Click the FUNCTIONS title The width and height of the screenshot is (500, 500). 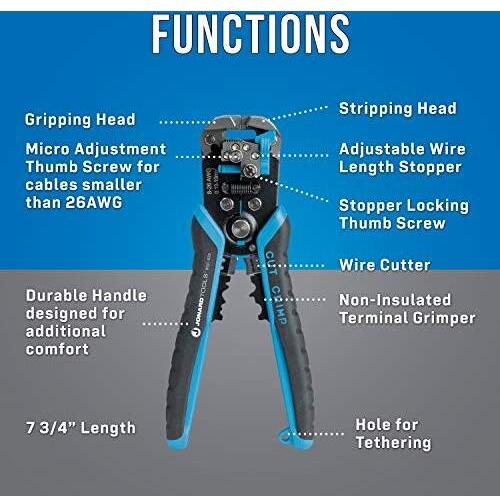[x=251, y=34]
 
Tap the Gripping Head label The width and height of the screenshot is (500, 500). [x=80, y=120]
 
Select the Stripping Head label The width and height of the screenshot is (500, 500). [x=398, y=109]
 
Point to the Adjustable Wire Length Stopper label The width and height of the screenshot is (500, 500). [x=402, y=158]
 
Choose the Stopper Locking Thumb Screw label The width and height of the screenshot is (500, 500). [x=404, y=214]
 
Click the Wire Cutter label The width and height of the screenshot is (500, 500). [x=385, y=265]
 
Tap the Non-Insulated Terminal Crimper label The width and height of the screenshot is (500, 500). [x=407, y=309]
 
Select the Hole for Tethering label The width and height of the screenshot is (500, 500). [x=393, y=434]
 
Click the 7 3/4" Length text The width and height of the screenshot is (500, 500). [x=81, y=428]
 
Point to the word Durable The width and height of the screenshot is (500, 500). [x=57, y=295]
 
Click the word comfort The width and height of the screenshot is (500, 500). [x=57, y=349]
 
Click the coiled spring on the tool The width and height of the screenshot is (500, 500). [x=242, y=189]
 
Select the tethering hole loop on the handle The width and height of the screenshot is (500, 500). [x=284, y=436]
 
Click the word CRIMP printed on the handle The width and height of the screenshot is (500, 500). [x=279, y=304]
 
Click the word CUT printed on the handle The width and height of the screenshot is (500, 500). [x=270, y=263]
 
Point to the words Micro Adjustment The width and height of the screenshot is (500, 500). [x=96, y=149]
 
